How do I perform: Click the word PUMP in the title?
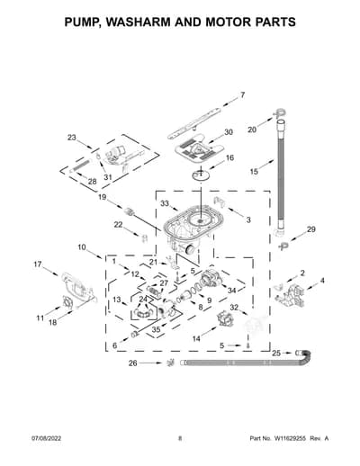(81, 22)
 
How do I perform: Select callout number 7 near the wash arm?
(243, 95)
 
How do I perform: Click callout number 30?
(229, 132)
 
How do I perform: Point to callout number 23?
(72, 138)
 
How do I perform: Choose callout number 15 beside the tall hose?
(254, 172)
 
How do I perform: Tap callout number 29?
(311, 229)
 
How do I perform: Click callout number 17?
(38, 264)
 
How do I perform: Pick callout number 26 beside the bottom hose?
(133, 363)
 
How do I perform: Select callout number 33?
(165, 203)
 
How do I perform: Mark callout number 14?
(196, 338)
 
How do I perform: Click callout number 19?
(103, 197)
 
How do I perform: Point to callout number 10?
(82, 247)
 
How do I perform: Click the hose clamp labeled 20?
(280, 113)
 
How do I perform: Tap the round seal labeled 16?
(201, 175)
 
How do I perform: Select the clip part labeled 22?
(144, 238)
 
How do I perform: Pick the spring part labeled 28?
(80, 166)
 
